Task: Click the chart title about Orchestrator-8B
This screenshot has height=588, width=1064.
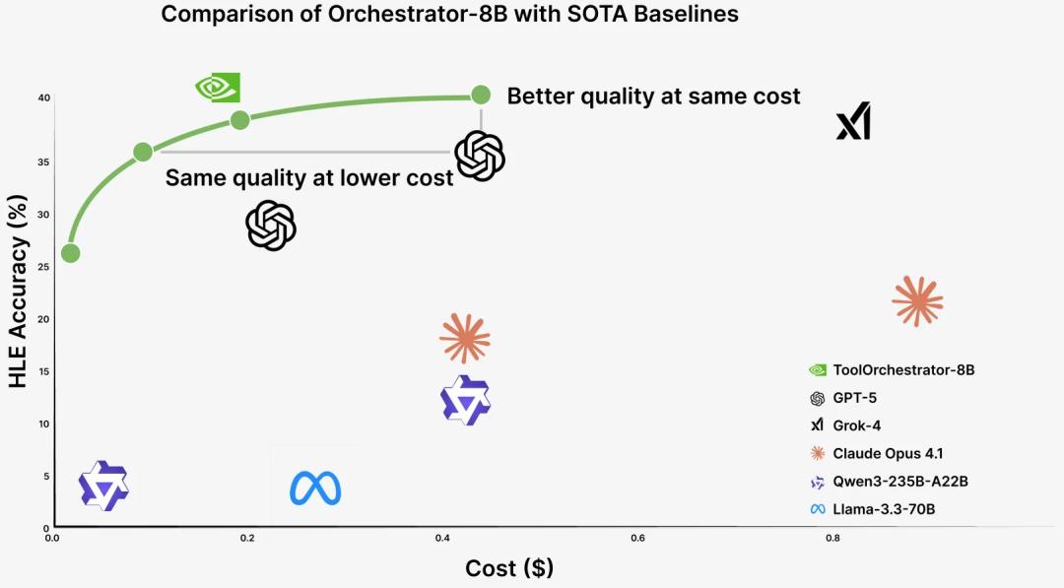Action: click(449, 14)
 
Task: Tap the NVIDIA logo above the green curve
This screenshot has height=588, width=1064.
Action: click(218, 87)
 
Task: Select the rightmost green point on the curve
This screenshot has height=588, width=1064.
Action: click(481, 95)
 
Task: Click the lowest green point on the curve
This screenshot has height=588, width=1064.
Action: click(71, 253)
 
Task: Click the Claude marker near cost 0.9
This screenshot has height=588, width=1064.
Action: click(917, 300)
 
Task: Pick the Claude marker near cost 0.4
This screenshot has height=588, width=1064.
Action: click(465, 339)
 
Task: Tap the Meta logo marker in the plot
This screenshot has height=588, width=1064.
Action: click(315, 488)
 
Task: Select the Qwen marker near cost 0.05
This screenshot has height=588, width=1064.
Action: click(104, 485)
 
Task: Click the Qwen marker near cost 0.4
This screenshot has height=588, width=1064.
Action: click(465, 400)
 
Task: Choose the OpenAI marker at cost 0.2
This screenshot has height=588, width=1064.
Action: click(271, 226)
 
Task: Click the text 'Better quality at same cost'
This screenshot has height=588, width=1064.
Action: click(653, 96)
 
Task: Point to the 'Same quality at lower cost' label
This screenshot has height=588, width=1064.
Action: click(309, 178)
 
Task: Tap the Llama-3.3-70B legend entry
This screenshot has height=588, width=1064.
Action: click(884, 509)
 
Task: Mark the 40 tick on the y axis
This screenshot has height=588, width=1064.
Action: click(43, 98)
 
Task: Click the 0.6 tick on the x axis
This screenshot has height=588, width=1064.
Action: click(637, 538)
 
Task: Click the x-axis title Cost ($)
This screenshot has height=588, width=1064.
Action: click(509, 568)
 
